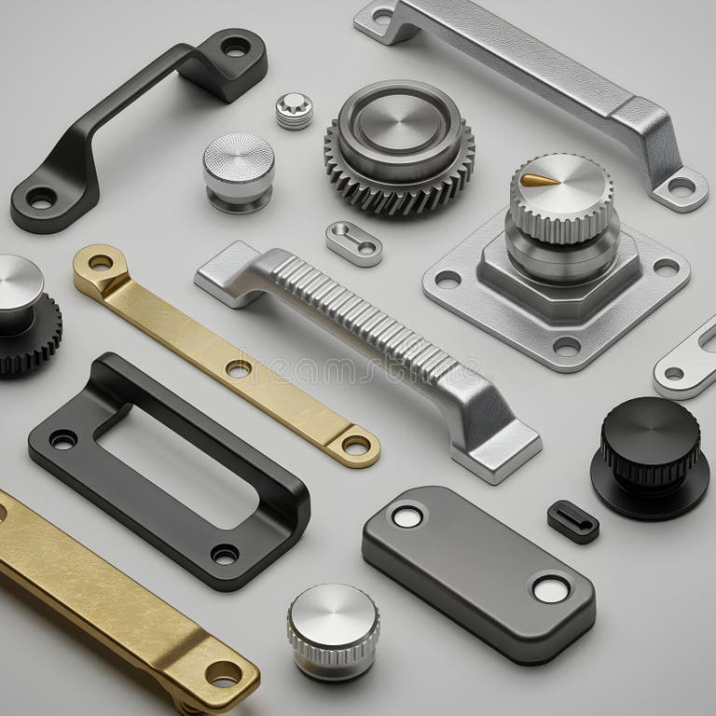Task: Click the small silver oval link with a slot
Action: pos(353,242)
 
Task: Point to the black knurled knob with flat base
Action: pos(650,456)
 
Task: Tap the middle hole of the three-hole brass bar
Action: pos(238,369)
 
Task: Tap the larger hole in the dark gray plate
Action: pos(550,589)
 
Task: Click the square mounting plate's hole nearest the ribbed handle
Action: pos(448,279)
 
